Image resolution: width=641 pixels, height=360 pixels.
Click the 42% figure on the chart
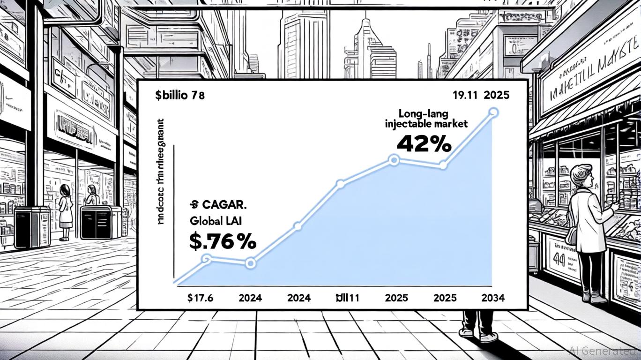424,143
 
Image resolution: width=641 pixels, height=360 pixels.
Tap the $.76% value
222,241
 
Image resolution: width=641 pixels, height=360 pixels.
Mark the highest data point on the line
493,112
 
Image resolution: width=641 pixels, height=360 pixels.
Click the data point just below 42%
394,161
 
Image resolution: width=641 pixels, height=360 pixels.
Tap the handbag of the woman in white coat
573,234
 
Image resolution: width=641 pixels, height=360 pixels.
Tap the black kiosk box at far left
31,227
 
